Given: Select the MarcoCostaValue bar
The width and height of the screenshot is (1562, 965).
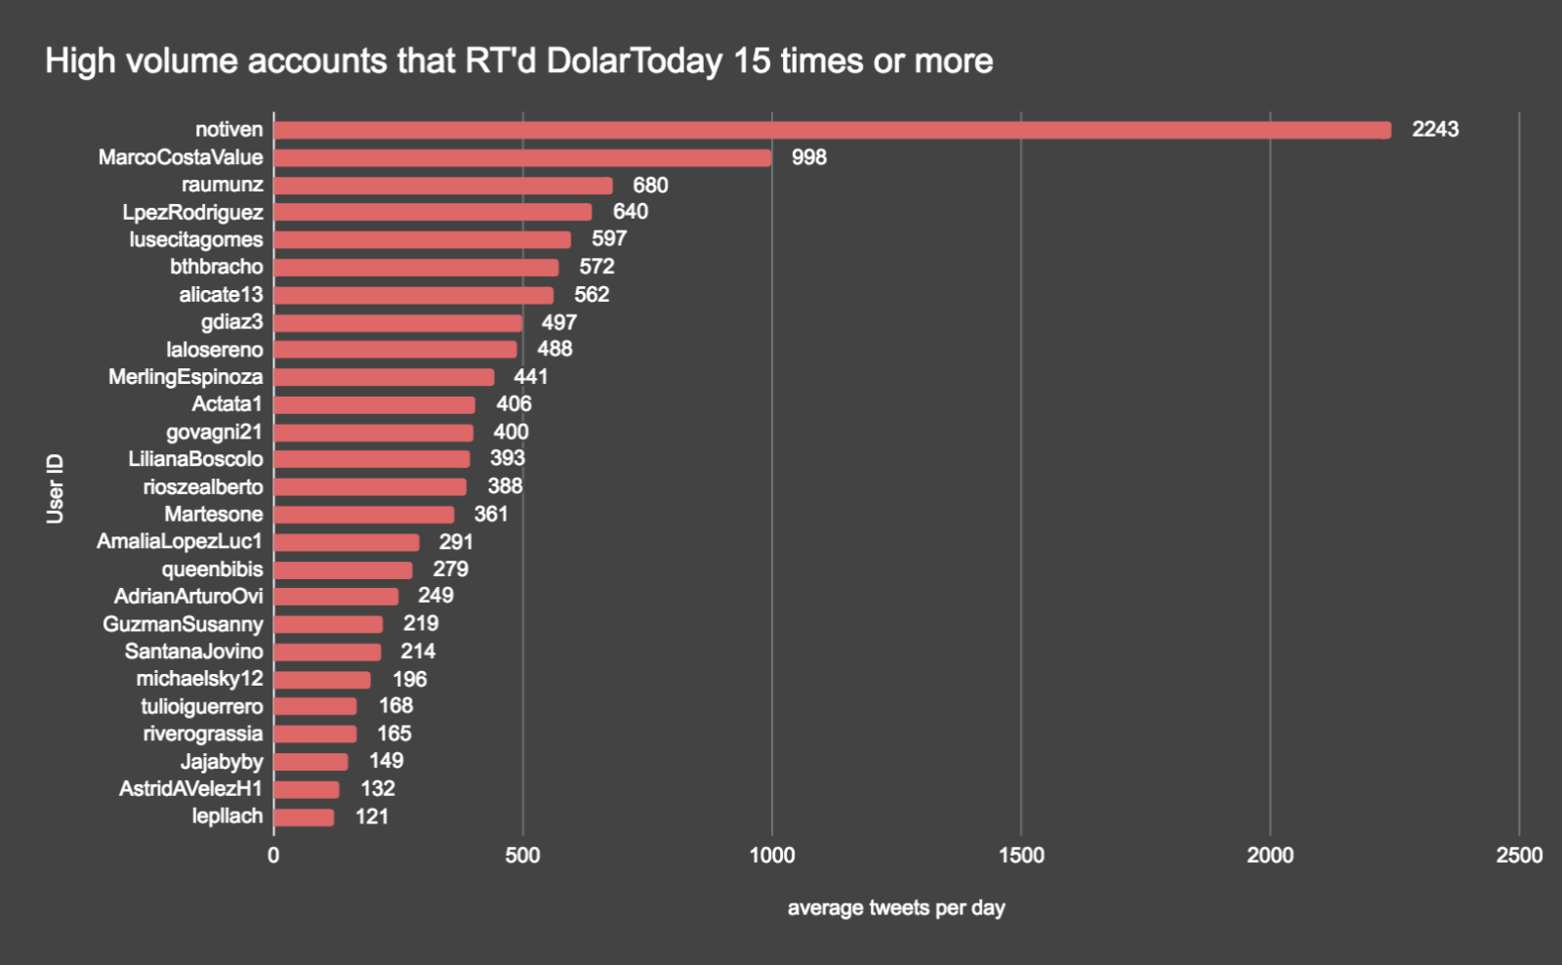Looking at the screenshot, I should tap(522, 157).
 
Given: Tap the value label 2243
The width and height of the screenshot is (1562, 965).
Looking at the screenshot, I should tap(1435, 129).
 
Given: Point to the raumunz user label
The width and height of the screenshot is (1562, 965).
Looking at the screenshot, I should tap(222, 185).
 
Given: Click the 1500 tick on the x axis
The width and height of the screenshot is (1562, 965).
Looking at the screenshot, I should tap(1021, 856).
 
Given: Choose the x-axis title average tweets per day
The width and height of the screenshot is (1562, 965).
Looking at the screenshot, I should tap(896, 908).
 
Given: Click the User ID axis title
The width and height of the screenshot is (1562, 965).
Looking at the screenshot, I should tap(56, 488).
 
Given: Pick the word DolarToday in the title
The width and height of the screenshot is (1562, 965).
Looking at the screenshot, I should tap(634, 62).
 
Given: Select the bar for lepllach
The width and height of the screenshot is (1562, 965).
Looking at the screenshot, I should tap(304, 817).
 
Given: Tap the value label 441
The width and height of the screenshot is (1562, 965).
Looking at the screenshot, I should tap(531, 377).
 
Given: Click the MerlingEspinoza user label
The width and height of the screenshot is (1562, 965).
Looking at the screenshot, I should tap(185, 377).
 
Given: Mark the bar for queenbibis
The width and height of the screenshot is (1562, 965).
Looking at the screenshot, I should tap(343, 569).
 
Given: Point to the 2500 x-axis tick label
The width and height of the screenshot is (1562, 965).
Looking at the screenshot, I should tap(1519, 856).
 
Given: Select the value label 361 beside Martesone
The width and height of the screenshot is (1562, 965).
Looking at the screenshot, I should tap(491, 514).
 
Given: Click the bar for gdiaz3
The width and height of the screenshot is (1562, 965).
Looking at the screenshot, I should tap(397, 322).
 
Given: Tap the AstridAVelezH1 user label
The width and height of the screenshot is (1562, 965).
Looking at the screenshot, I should tap(190, 788).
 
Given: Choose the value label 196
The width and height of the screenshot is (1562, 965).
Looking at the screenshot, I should tap(410, 679).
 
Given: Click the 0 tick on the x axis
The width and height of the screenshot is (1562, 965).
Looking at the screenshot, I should tap(273, 856).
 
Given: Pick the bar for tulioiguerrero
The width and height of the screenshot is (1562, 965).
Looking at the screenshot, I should tap(315, 706).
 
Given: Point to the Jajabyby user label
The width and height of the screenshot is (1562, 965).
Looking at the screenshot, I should tap(221, 761).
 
